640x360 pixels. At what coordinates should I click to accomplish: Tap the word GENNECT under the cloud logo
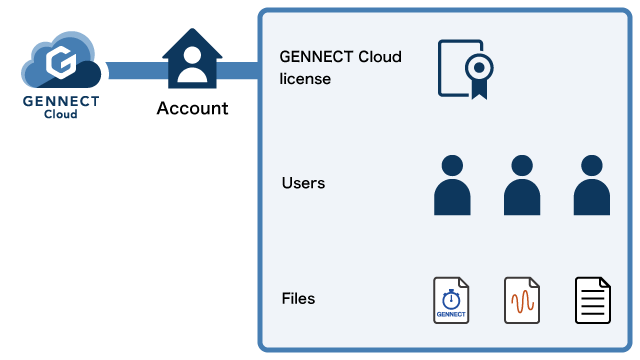point(62,101)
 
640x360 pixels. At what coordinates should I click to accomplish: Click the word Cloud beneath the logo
point(62,114)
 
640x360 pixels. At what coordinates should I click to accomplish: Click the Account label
point(192,108)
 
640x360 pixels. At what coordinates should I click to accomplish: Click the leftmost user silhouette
point(452,185)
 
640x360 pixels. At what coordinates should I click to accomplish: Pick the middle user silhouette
point(521,185)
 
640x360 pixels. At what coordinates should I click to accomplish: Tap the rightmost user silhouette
point(591,185)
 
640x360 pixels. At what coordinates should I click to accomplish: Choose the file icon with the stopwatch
point(451,301)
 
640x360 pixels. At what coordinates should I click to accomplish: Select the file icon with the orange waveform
point(522,301)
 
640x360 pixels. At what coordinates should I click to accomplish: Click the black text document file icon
point(592,301)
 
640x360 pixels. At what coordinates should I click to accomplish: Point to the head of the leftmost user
point(452,166)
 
